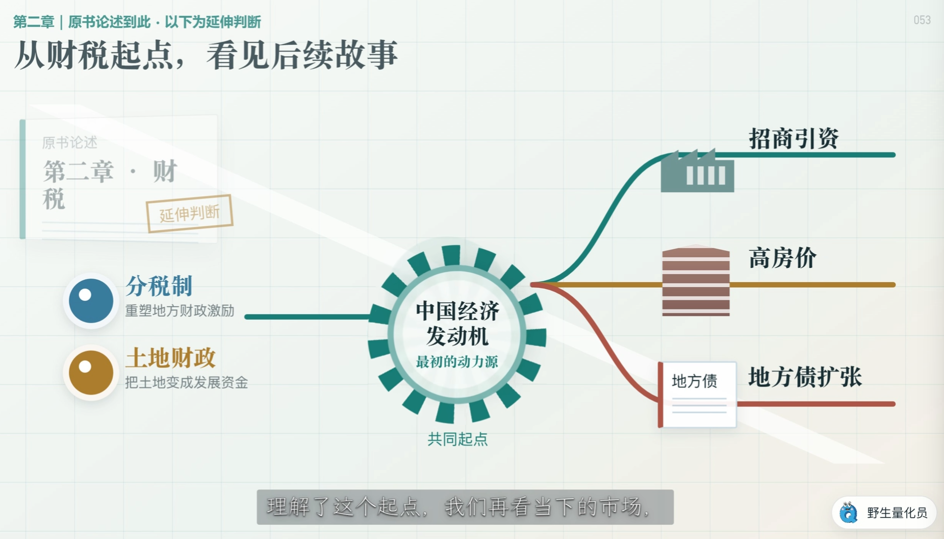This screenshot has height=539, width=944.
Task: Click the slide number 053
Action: click(922, 20)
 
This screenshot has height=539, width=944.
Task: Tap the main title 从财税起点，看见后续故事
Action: click(206, 55)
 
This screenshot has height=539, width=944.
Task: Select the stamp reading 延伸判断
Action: click(189, 213)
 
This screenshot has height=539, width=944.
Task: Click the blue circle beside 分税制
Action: click(91, 301)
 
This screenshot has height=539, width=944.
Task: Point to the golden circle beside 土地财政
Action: click(91, 372)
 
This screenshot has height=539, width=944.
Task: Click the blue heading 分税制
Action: click(159, 286)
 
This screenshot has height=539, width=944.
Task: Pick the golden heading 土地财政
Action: click(170, 358)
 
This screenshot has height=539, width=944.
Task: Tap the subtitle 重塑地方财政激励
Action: click(180, 310)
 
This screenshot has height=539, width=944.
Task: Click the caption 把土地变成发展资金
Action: click(186, 382)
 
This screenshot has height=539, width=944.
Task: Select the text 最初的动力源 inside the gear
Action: click(457, 362)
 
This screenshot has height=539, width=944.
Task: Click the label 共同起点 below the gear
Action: click(457, 439)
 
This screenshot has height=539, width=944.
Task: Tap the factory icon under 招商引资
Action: click(697, 170)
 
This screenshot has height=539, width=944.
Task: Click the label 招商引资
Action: click(794, 138)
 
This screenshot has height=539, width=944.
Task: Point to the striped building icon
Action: click(696, 282)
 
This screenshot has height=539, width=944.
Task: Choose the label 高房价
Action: click(782, 258)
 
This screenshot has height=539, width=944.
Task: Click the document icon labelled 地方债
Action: click(697, 395)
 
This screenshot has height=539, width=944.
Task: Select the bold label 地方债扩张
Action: click(805, 377)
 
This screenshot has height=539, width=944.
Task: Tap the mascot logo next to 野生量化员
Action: click(849, 512)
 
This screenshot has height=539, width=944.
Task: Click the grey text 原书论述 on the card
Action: click(69, 142)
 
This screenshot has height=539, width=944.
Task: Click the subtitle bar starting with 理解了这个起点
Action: click(465, 507)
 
